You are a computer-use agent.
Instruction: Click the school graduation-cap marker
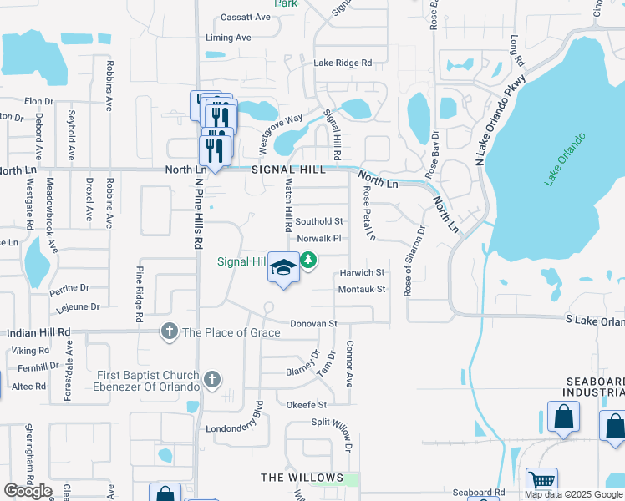click(x=283, y=267)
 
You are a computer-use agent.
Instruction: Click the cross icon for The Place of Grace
click(x=170, y=331)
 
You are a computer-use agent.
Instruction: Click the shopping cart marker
click(x=542, y=482)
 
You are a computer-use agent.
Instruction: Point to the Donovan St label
click(x=313, y=323)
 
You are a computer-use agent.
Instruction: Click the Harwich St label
click(x=362, y=273)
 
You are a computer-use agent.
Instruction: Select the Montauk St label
click(x=362, y=289)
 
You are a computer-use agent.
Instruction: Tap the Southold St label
click(x=319, y=221)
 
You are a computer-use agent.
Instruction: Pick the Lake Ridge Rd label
click(x=343, y=63)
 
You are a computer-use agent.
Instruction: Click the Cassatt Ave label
click(x=246, y=17)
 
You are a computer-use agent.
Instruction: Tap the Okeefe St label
click(x=306, y=405)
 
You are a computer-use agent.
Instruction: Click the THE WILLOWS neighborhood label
click(x=302, y=478)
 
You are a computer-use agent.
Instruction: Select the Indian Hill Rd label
click(x=38, y=332)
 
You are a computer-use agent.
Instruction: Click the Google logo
click(x=27, y=491)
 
